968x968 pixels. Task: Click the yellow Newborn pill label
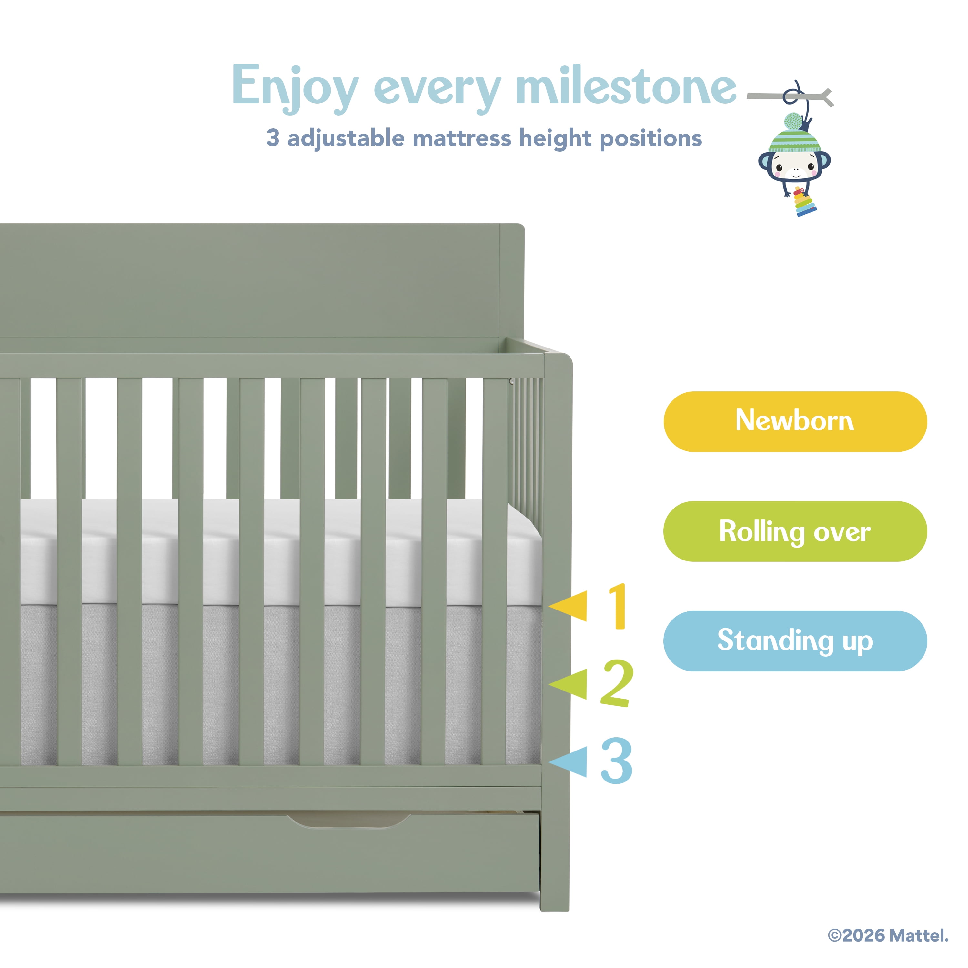click(x=795, y=421)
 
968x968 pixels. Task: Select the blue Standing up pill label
click(x=795, y=641)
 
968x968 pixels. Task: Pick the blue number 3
click(x=617, y=761)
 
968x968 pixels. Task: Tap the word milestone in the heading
click(x=626, y=85)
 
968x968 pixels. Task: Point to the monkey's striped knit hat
click(x=795, y=134)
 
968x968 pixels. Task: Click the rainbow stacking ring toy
click(x=805, y=202)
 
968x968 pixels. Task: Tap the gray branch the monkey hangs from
click(x=791, y=96)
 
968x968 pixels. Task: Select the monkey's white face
click(x=795, y=165)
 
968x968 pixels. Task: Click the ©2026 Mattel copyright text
click(x=888, y=935)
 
